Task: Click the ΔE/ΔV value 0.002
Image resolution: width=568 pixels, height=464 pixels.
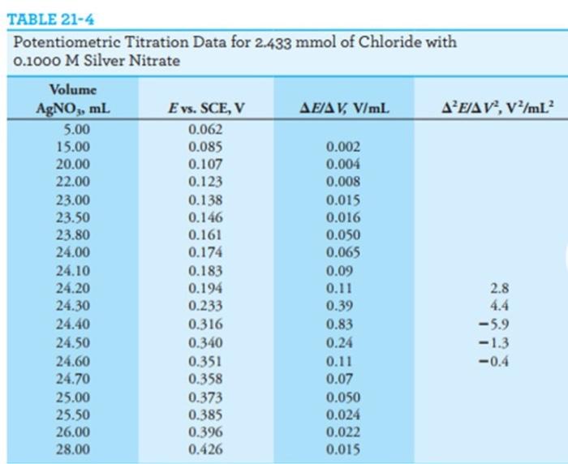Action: click(339, 147)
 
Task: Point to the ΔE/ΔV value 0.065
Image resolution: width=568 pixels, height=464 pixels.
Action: click(339, 253)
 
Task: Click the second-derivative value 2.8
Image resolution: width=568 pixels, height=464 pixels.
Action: click(499, 288)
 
